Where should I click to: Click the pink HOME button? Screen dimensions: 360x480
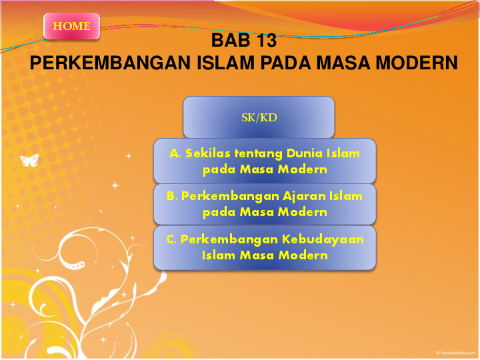[x=71, y=27]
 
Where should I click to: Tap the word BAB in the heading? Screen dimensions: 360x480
[x=228, y=41]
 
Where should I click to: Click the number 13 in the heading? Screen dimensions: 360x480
[x=265, y=41]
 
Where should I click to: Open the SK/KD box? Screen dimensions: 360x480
[x=259, y=117]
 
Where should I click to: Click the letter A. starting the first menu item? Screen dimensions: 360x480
[x=175, y=153]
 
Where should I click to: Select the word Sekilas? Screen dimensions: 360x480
[x=205, y=153]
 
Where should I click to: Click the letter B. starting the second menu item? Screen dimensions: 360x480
[x=172, y=197]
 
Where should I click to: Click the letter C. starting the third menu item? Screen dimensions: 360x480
[x=171, y=239]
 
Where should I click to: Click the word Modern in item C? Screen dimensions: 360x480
[x=303, y=255]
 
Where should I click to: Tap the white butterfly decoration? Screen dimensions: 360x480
[x=29, y=160]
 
